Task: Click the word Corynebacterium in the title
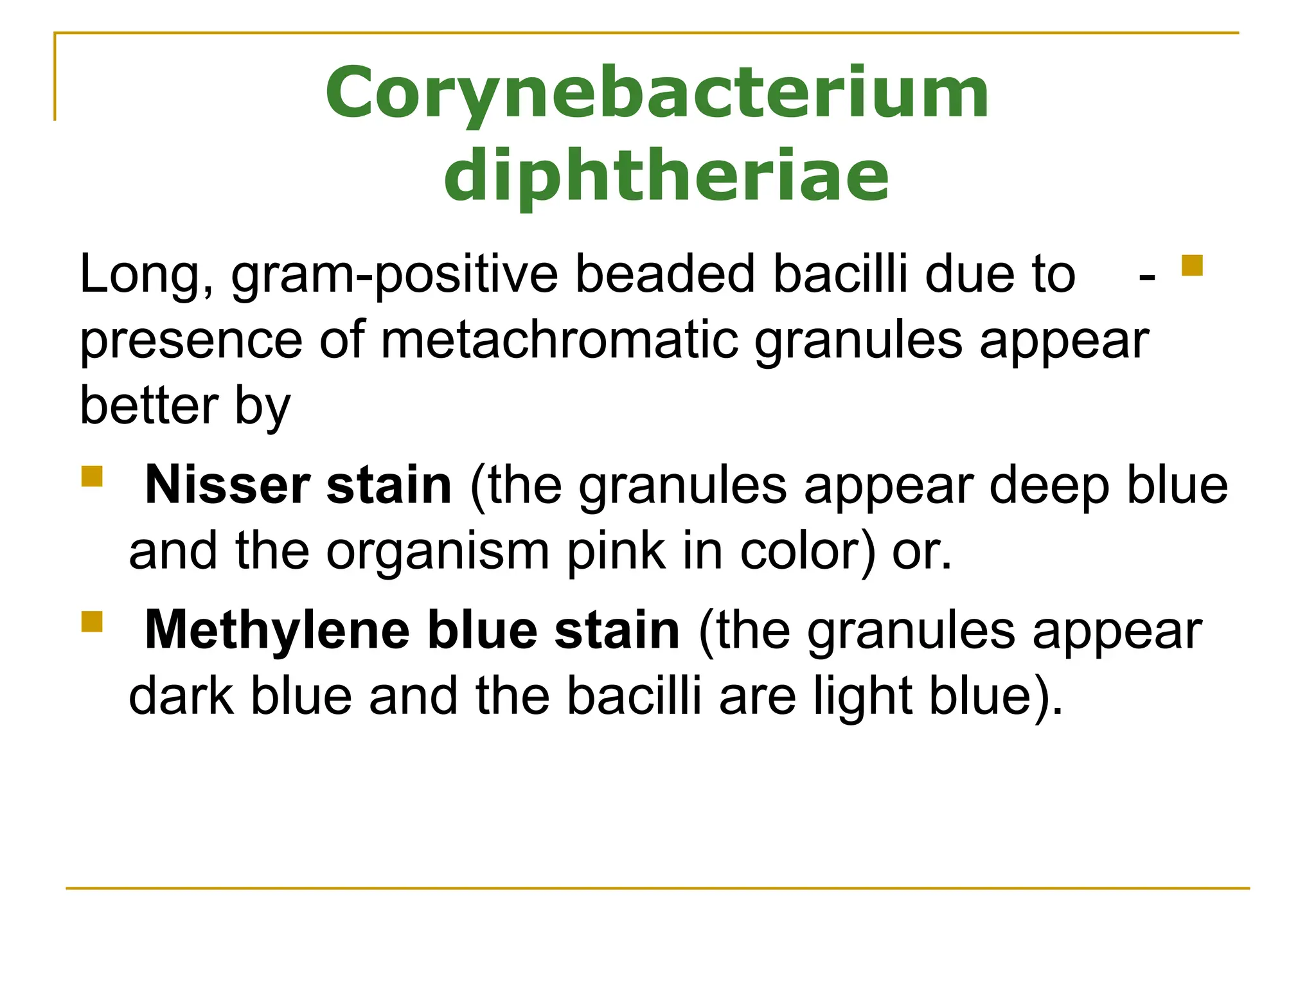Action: pyautogui.click(x=657, y=94)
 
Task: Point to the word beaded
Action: pyautogui.click(x=666, y=275)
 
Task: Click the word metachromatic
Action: pyautogui.click(x=559, y=341)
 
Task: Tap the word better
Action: pyautogui.click(x=149, y=406)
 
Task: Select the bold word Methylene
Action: pyautogui.click(x=277, y=630)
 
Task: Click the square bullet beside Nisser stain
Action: pyautogui.click(x=92, y=477)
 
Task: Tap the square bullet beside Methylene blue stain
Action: pyautogui.click(x=92, y=622)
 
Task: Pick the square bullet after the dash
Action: pyautogui.click(x=1192, y=265)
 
